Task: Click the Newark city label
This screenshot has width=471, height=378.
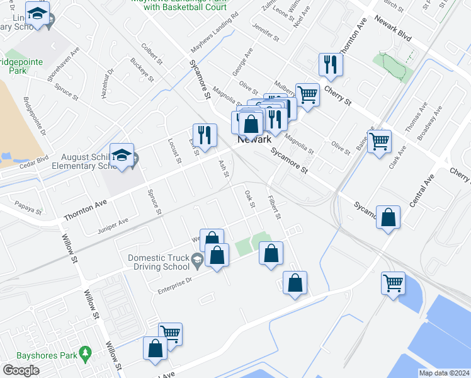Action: tap(254, 141)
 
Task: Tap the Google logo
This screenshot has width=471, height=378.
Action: tap(21, 370)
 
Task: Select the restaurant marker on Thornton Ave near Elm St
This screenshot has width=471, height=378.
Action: tap(205, 135)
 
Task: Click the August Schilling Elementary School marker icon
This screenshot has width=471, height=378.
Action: tap(122, 155)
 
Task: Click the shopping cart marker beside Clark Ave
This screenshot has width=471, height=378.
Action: tap(380, 142)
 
